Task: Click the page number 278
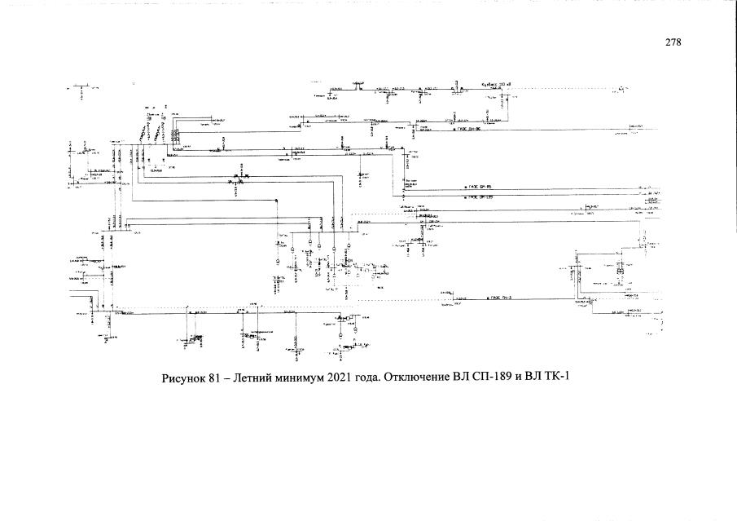coord(672,42)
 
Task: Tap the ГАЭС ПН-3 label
coord(500,299)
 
